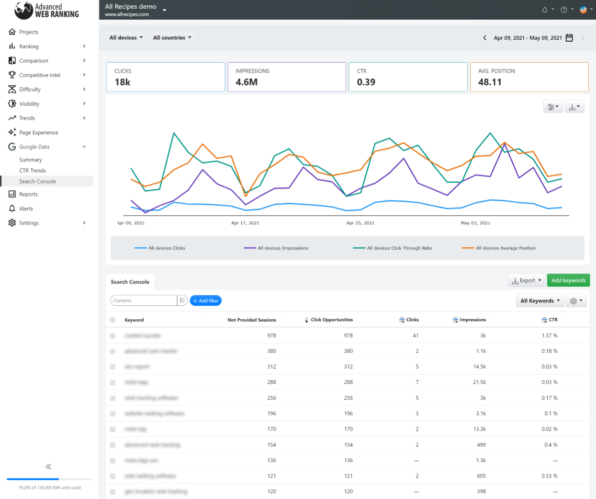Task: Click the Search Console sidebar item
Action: click(37, 181)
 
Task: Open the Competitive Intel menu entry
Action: click(40, 75)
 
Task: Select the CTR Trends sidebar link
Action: click(33, 171)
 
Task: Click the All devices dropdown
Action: click(126, 37)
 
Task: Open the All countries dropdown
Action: click(172, 37)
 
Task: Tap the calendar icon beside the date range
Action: click(569, 38)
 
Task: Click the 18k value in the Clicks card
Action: click(123, 82)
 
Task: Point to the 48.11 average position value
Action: click(490, 82)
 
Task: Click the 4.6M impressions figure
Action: click(247, 82)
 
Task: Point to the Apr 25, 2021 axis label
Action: click(360, 223)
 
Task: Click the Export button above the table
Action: click(527, 280)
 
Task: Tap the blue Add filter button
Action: click(206, 301)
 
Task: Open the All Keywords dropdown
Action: click(540, 301)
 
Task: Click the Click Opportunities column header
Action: click(331, 320)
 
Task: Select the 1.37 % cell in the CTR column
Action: click(550, 336)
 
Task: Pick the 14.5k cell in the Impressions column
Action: click(479, 367)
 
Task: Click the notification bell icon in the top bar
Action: click(544, 10)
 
